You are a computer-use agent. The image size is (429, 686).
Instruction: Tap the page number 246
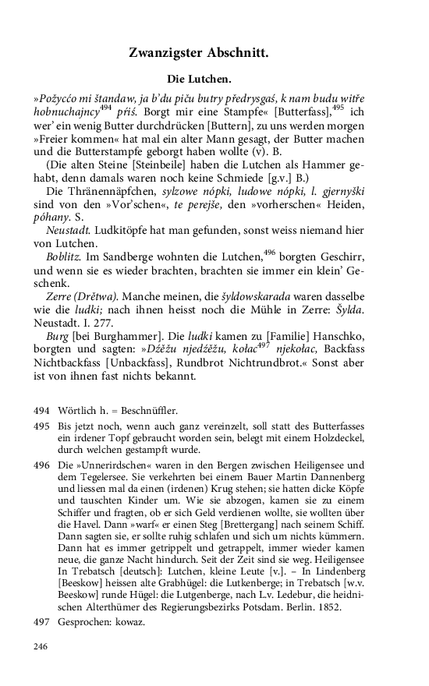click(41, 645)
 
